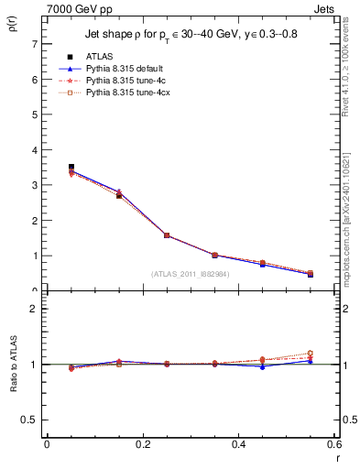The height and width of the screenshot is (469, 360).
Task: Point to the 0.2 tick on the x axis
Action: coord(143,444)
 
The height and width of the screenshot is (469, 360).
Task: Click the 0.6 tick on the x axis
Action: coord(334,444)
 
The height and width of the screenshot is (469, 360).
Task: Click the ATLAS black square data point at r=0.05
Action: coord(71,167)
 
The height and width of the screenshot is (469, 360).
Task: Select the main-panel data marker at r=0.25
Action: coord(167,235)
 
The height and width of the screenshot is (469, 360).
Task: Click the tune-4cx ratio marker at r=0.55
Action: coord(311,354)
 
